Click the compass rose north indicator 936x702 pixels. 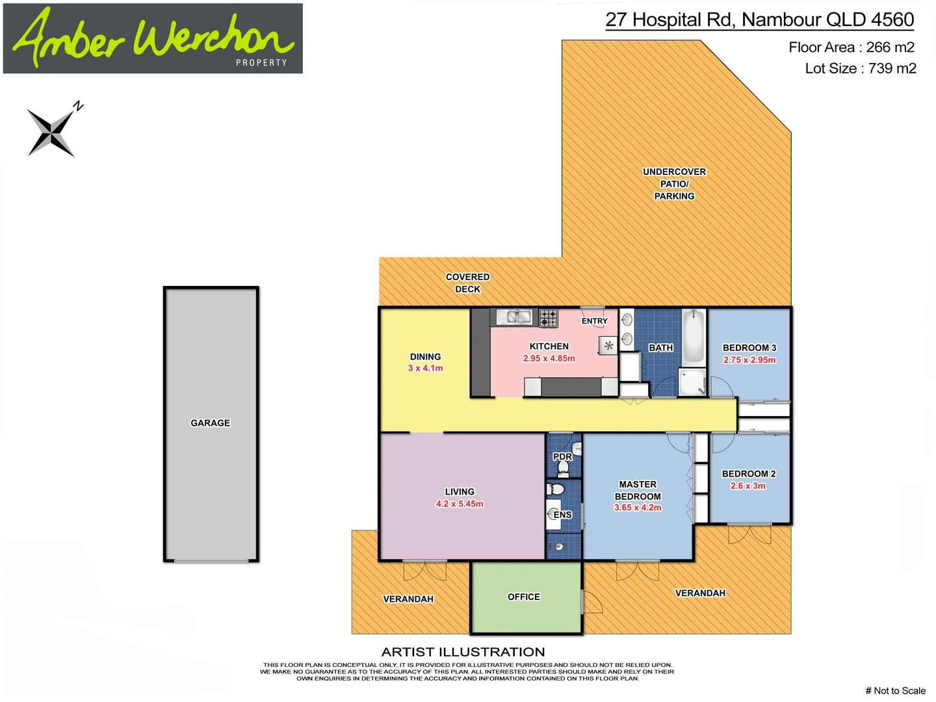(x=52, y=130)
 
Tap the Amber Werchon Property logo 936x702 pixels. (x=153, y=38)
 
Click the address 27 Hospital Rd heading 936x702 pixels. (x=759, y=20)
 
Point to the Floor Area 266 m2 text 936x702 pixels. (x=851, y=47)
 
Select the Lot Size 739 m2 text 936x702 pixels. (x=860, y=68)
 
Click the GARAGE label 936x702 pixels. (x=210, y=423)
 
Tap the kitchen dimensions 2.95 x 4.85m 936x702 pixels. (x=549, y=358)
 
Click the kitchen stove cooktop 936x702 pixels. (x=549, y=318)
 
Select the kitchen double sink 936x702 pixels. (x=515, y=317)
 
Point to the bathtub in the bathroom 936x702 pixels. (x=694, y=337)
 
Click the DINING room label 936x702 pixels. (x=425, y=357)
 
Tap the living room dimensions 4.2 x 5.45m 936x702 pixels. (x=459, y=504)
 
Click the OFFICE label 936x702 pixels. (x=523, y=597)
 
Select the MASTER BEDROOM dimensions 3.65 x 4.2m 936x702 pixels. (x=637, y=508)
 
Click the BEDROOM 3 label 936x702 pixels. (x=749, y=348)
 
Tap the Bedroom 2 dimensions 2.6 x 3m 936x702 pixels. (x=747, y=486)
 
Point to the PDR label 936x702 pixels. (x=562, y=456)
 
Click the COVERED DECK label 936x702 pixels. (x=467, y=283)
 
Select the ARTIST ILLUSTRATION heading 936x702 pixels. (x=463, y=652)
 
